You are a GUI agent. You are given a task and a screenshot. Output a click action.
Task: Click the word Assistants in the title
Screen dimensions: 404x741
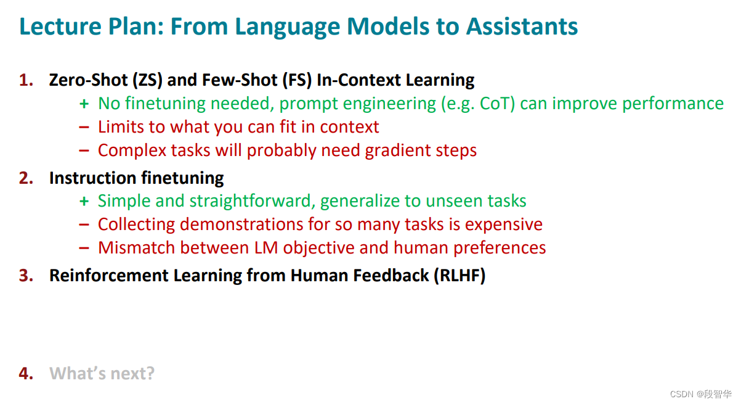[x=522, y=27]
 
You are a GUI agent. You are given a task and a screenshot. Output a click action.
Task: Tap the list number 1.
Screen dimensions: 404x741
[x=26, y=80]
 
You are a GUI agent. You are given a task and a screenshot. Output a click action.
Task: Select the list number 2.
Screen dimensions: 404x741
[x=26, y=178]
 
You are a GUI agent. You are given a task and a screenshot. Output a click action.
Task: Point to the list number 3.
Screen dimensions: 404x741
[x=26, y=276]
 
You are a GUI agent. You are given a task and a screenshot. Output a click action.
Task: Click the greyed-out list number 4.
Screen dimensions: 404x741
[x=26, y=374]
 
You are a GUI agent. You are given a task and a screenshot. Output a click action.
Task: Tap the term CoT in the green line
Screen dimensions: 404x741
[x=495, y=104]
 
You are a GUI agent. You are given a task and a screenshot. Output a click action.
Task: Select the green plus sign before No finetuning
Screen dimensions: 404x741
[x=84, y=104]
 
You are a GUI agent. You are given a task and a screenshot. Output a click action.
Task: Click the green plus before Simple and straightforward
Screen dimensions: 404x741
[x=84, y=202]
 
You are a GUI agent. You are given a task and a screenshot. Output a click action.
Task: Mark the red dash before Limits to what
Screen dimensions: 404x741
[x=84, y=127]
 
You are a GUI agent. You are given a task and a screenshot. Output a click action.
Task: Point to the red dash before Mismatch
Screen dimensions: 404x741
[x=84, y=248]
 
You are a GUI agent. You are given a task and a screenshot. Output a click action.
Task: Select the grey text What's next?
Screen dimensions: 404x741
[x=102, y=374]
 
